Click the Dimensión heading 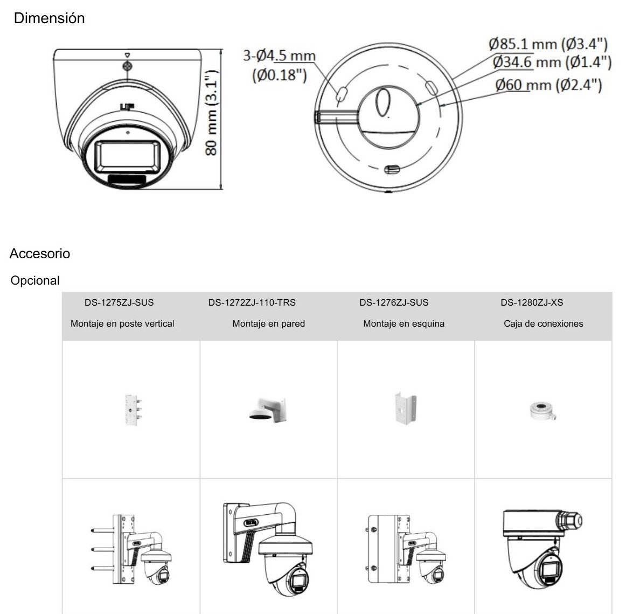[x=49, y=18]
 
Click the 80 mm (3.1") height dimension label [x=212, y=113]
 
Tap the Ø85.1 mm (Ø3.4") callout [x=548, y=43]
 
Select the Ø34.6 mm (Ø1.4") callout [x=552, y=62]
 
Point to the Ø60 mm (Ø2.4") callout [x=548, y=85]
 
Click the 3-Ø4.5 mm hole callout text [x=279, y=56]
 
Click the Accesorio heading [x=39, y=253]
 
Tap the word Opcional [x=35, y=280]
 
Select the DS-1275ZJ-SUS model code [x=119, y=302]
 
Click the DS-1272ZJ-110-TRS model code [x=252, y=302]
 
